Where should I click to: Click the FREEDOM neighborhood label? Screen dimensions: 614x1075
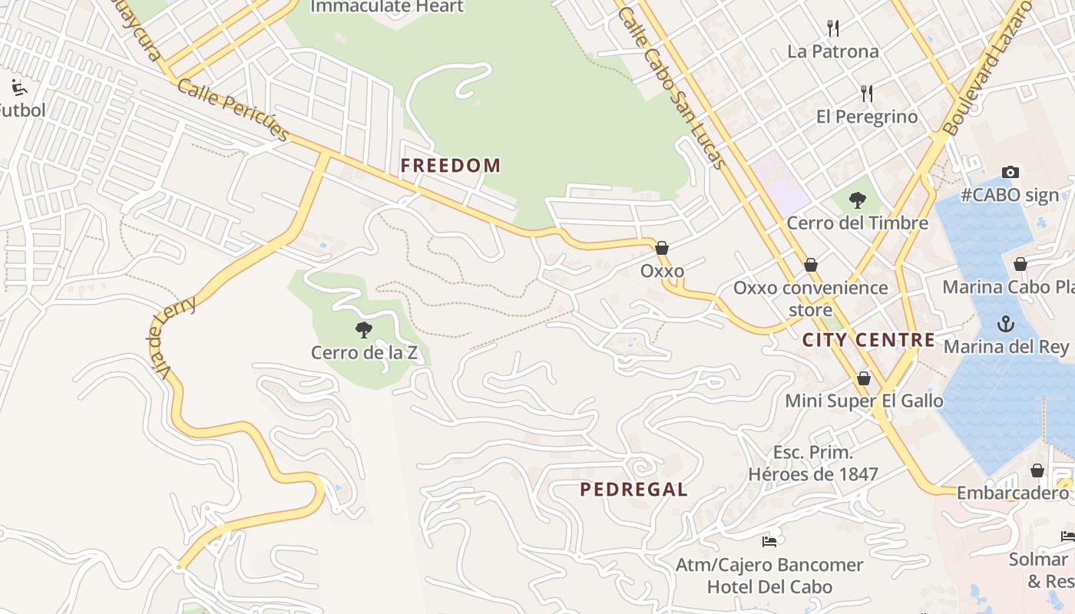coord(450,165)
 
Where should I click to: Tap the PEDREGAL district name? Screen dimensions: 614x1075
coord(633,490)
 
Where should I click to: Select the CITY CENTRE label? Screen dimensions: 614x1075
coord(868,340)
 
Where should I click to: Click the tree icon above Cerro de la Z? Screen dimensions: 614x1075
coord(364,330)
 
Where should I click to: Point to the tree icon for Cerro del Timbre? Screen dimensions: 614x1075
coord(858,200)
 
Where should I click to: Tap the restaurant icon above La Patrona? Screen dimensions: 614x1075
coord(833,28)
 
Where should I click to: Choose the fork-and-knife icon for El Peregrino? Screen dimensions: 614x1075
coord(867,94)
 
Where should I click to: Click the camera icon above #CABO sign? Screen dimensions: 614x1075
coord(1011,172)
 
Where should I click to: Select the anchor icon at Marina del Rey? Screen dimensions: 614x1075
coord(1005,324)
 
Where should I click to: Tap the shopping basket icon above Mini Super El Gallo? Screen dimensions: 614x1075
coord(864,378)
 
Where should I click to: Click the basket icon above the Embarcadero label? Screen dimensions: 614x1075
coord(1037,470)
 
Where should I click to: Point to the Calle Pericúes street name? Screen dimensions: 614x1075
coord(233,109)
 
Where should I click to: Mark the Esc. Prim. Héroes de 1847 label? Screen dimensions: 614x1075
coord(812,464)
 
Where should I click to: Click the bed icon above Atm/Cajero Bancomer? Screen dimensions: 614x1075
coord(769,542)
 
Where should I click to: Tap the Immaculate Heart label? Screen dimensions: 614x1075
coord(387,7)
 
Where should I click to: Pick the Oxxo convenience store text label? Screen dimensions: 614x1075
coord(810,299)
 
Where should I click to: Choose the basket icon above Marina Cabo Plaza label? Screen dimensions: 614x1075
coord(1020,265)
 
